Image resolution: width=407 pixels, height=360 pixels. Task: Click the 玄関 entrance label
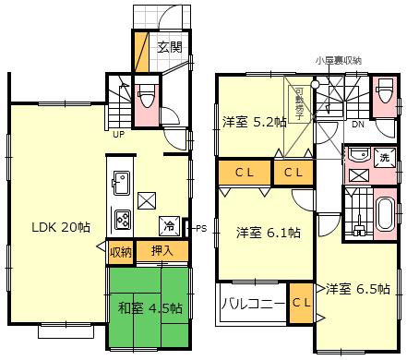click(168, 46)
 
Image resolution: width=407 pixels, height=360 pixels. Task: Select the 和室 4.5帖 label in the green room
click(149, 307)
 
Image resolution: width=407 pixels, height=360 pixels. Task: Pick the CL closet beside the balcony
click(300, 302)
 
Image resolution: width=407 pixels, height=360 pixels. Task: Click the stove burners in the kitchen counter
click(122, 219)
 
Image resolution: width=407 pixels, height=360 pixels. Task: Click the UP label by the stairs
click(118, 134)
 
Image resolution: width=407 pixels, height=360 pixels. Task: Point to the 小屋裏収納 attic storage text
click(337, 60)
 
